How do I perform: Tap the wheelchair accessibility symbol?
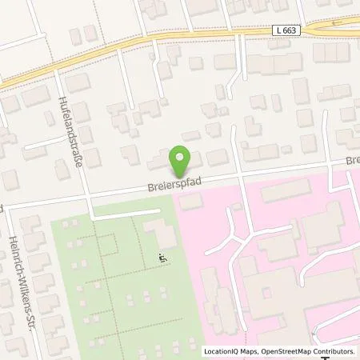click(162, 258)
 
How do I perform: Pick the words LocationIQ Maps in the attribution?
click(230, 351)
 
